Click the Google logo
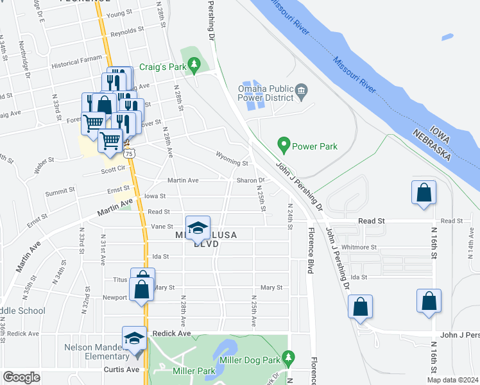click(x=21, y=377)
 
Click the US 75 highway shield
click(x=130, y=154)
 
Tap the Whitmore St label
click(x=359, y=247)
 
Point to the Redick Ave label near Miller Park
click(x=172, y=334)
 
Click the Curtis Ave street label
click(x=121, y=370)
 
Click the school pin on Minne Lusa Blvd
click(x=198, y=228)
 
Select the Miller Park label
click(x=193, y=370)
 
